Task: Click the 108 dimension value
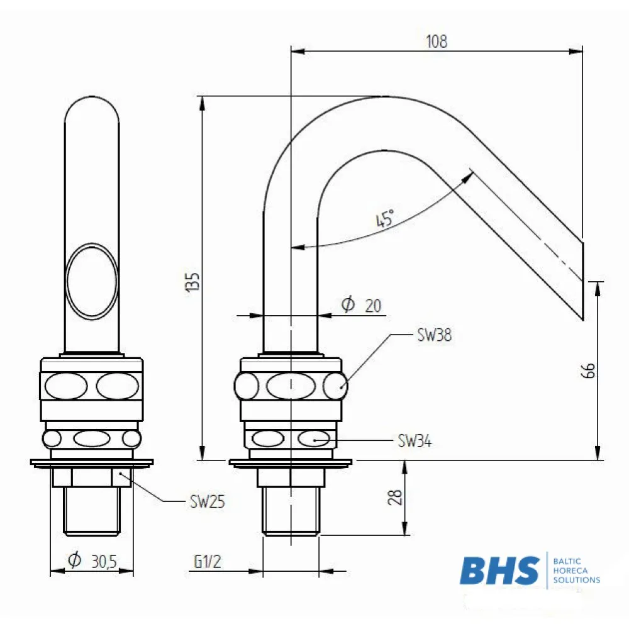(437, 42)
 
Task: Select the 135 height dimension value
(193, 282)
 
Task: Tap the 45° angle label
(385, 218)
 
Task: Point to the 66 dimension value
(588, 370)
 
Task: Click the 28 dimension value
(395, 497)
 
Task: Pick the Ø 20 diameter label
(361, 305)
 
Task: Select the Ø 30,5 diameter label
(92, 560)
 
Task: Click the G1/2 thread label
(208, 561)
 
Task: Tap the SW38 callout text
(435, 335)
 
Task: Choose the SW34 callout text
(415, 441)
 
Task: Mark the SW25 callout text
(208, 501)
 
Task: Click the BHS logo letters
(500, 571)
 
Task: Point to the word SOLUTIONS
(577, 580)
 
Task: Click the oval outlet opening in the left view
(92, 281)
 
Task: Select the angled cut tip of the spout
(582, 281)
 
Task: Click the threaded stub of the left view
(92, 511)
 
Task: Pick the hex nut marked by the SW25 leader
(92, 477)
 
